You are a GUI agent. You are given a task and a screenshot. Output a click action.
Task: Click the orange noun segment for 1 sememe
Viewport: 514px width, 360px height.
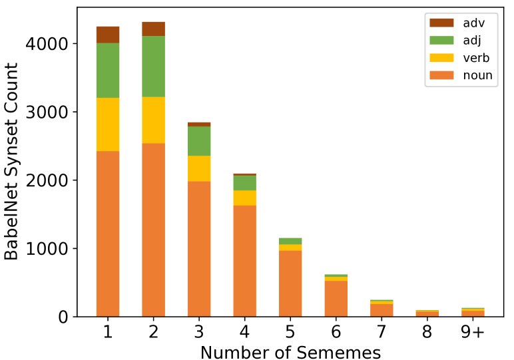pos(108,234)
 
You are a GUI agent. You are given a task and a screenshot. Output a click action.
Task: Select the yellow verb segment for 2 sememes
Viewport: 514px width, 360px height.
pos(153,120)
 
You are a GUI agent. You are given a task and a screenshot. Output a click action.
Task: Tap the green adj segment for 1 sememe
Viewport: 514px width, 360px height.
pos(108,71)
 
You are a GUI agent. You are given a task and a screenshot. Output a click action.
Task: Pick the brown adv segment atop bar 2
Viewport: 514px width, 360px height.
pos(153,29)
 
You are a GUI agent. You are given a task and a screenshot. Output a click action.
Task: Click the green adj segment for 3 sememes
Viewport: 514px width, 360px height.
pos(199,141)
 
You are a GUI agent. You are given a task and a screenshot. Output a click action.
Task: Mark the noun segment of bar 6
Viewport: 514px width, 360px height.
pos(336,299)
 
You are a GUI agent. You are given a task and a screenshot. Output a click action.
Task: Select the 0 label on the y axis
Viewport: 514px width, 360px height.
pos(63,317)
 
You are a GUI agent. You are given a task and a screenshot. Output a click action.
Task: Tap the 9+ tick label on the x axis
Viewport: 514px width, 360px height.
pos(472,332)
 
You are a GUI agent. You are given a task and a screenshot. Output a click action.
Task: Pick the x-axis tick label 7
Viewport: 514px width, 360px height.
pos(382,332)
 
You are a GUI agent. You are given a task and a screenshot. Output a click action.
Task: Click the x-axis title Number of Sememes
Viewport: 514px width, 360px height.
pos(290,351)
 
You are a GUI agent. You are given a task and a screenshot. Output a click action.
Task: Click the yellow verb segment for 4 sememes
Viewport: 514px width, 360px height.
pos(244,198)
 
